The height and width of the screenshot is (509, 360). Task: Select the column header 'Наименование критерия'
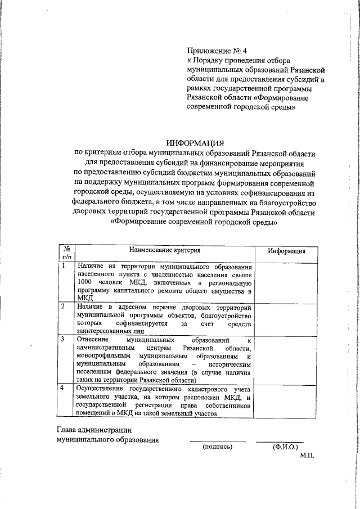coord(165,249)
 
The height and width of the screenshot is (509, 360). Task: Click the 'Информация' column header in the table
coord(286,251)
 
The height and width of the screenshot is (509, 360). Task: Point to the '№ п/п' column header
coord(66,252)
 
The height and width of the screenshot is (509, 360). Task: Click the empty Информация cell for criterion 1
coord(286,281)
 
